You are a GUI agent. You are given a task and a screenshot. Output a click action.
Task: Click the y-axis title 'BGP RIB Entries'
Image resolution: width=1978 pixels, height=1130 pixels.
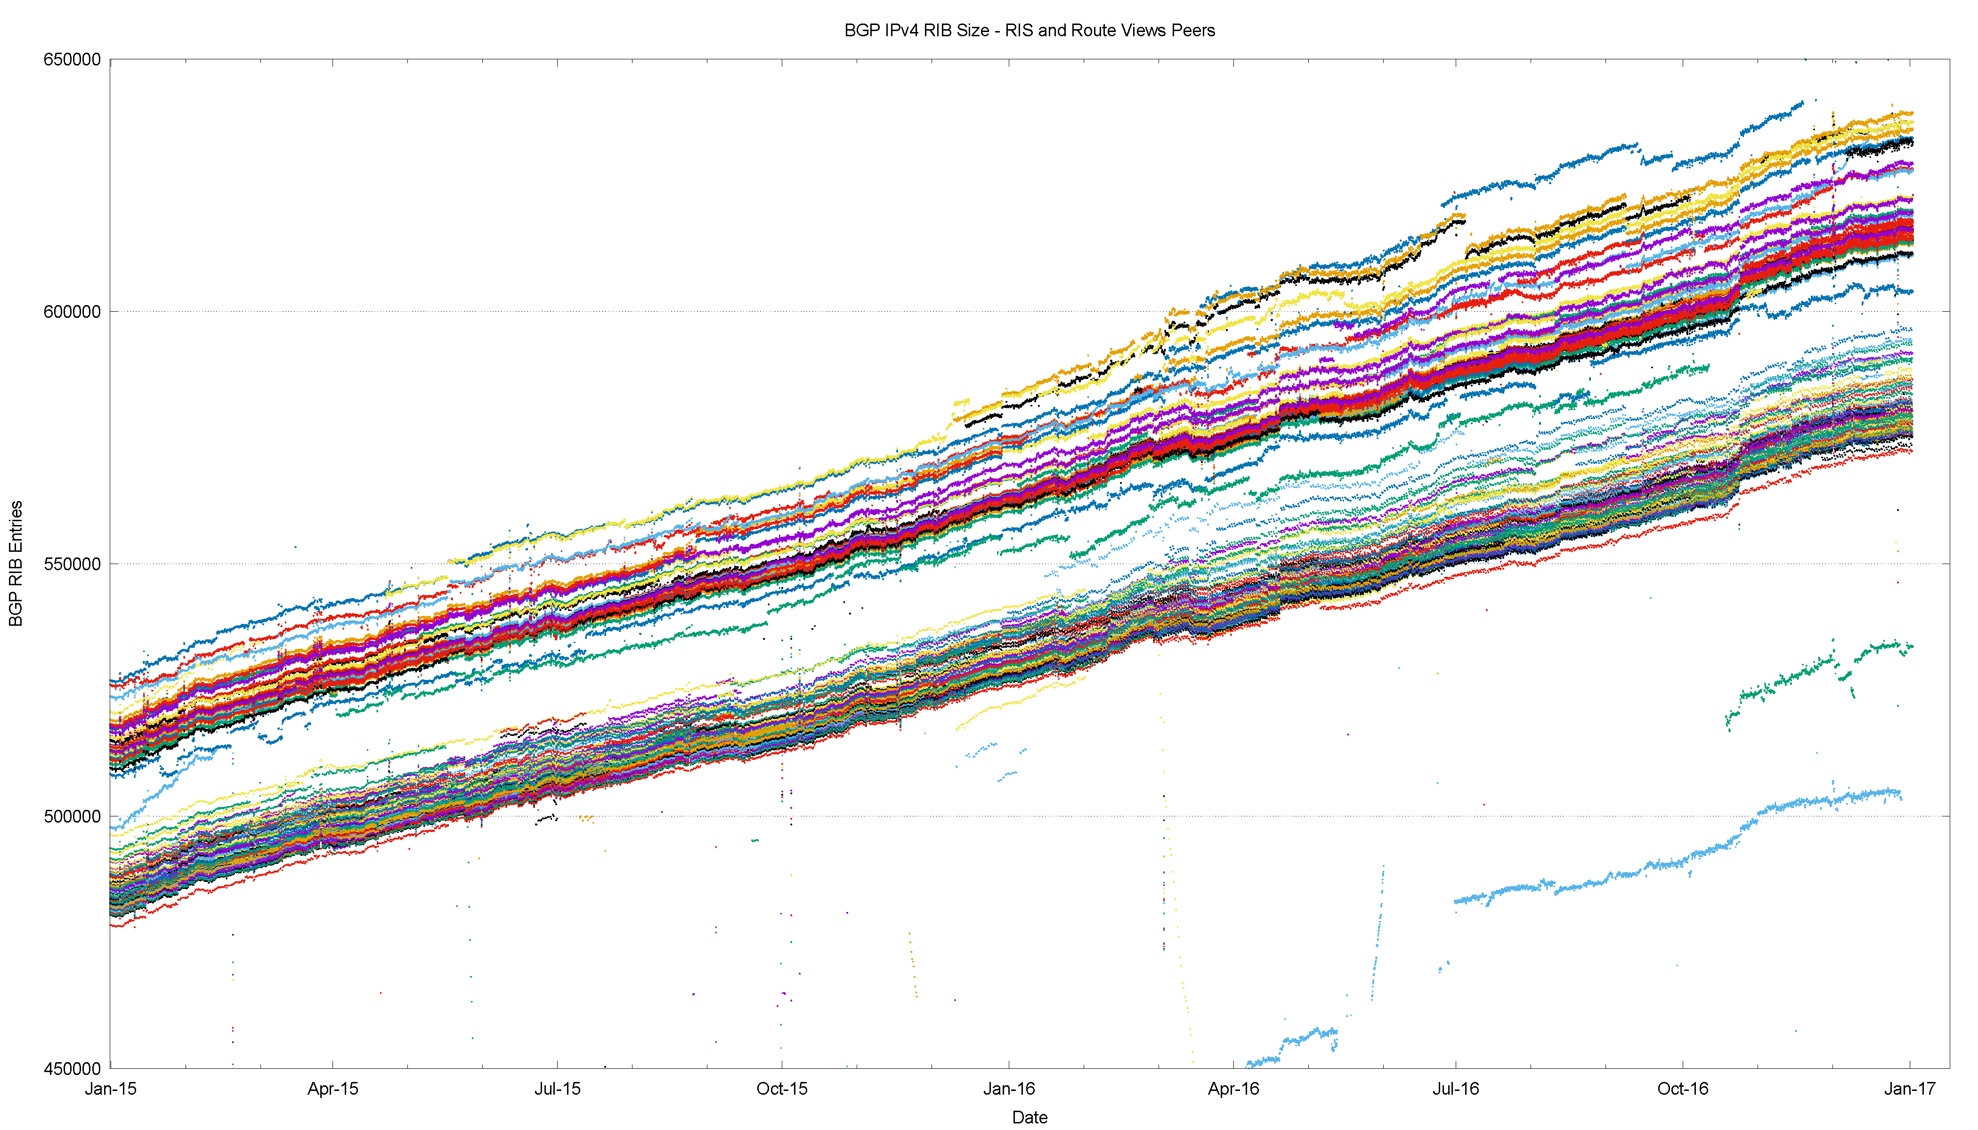pos(16,564)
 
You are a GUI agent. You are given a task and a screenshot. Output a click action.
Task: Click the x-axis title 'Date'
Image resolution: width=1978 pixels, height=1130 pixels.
pos(1030,1117)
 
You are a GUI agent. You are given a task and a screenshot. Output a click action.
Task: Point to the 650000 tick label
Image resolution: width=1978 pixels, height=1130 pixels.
pos(72,60)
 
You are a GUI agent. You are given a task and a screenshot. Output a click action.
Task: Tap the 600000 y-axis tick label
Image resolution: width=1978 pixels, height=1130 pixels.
pos(72,312)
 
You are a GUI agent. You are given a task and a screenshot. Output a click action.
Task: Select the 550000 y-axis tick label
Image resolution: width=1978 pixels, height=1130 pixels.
pos(72,564)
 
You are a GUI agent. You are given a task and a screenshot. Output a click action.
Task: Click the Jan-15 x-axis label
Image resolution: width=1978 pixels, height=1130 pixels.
pos(110,1089)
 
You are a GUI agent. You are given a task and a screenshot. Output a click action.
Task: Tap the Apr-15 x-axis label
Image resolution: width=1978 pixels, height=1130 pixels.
pos(333,1089)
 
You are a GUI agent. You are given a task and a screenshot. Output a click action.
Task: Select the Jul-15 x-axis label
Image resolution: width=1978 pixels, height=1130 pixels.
pos(558,1089)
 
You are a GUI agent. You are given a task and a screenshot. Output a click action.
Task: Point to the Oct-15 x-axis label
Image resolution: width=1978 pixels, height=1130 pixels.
pos(782,1089)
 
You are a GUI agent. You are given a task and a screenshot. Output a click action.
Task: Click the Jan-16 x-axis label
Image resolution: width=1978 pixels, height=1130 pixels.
pos(1008,1089)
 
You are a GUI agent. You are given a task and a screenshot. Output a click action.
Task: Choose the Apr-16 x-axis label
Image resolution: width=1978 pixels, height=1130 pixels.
pos(1233,1089)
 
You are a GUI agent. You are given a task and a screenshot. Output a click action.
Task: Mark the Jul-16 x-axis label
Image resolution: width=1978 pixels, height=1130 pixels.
pos(1456,1089)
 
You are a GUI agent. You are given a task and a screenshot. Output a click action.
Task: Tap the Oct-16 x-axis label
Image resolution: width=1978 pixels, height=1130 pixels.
pos(1682,1089)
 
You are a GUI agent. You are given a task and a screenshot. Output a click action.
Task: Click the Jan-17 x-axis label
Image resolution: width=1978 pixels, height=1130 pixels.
pos(1910,1089)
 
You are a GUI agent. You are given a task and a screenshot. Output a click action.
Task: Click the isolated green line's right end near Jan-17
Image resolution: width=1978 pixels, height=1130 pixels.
pos(1911,646)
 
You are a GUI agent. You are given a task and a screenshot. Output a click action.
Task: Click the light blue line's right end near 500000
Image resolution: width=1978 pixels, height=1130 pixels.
pos(1900,795)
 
